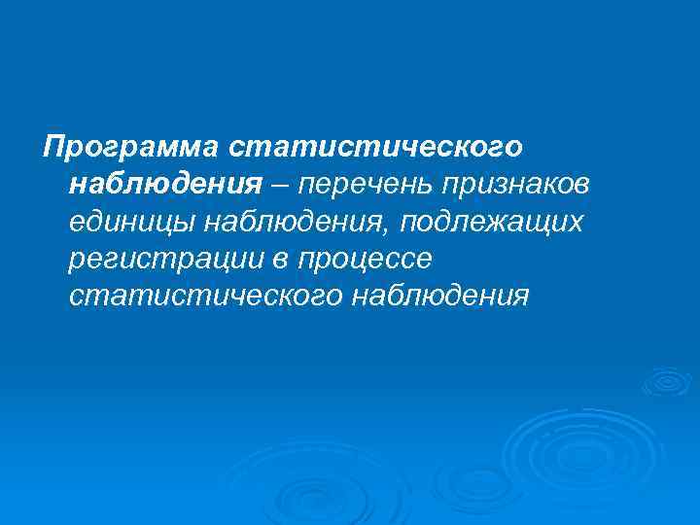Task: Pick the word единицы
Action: [132, 223]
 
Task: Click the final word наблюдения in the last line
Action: [438, 297]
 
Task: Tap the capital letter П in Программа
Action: [52, 147]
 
